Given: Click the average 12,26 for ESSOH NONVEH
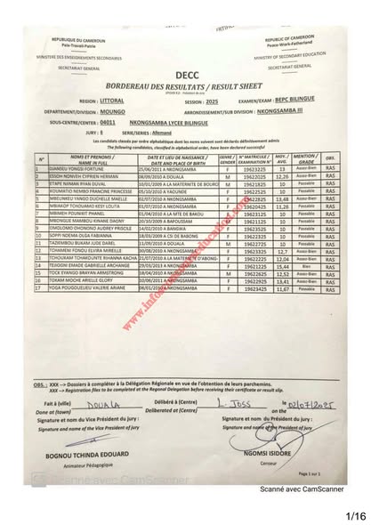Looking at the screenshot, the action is [x=284, y=177].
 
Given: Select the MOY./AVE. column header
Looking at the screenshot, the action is [x=283, y=160].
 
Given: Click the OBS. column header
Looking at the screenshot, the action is [x=328, y=160].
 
